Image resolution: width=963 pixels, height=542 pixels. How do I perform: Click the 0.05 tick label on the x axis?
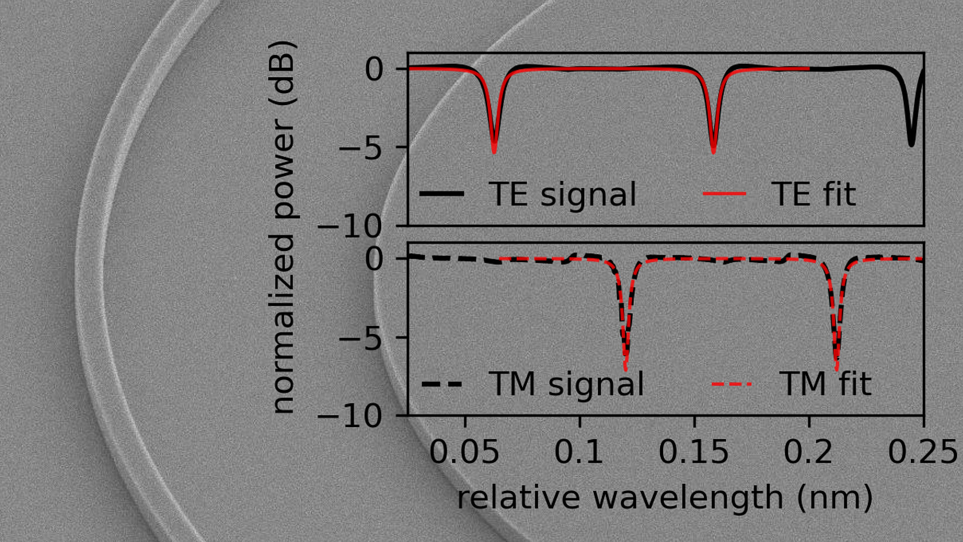pyautogui.click(x=464, y=452)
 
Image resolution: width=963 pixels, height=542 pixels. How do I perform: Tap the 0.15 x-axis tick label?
pyautogui.click(x=693, y=452)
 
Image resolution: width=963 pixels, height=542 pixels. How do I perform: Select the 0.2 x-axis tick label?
pyautogui.click(x=808, y=452)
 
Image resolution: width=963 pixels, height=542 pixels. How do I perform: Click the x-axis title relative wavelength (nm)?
pyautogui.click(x=665, y=498)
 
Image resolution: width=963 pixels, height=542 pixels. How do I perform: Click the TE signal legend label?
pyautogui.click(x=562, y=194)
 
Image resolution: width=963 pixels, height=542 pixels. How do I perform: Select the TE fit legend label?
pyautogui.click(x=813, y=194)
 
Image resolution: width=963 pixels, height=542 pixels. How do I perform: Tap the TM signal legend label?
pyautogui.click(x=566, y=384)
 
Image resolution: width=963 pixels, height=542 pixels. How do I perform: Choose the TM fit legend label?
pyautogui.click(x=825, y=384)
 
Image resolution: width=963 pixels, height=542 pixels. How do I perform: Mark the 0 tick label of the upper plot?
pyautogui.click(x=374, y=70)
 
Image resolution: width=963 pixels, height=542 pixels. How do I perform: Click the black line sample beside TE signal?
pyautogui.click(x=441, y=194)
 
